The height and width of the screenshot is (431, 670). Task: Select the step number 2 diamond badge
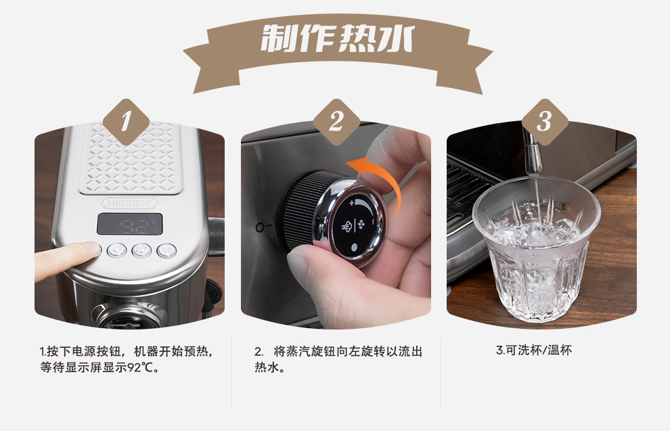click(336, 122)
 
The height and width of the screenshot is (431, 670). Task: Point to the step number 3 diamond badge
click(544, 122)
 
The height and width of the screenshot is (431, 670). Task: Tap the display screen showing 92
click(129, 224)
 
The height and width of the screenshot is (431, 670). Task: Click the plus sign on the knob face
click(352, 202)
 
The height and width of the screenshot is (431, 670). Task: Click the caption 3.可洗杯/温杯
click(534, 350)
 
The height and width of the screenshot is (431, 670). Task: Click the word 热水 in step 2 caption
click(265, 369)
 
